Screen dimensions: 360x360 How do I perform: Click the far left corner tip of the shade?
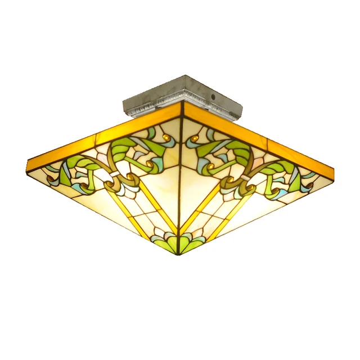point(28,164)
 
